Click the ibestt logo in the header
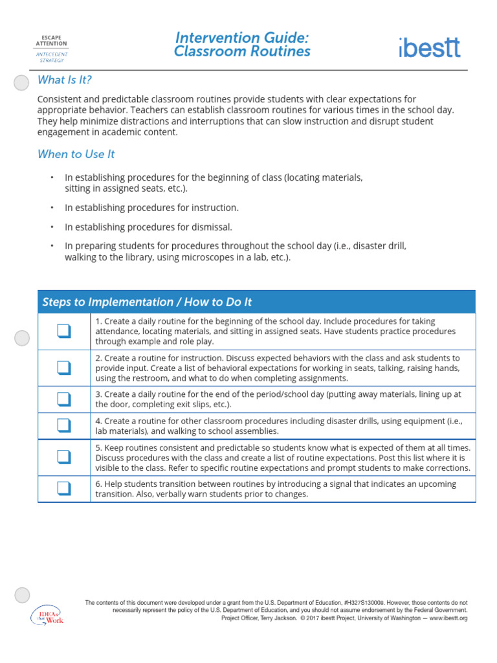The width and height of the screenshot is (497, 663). pos(429,47)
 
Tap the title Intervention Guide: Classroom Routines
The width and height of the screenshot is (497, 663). pos(242,45)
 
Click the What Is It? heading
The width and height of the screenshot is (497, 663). pos(65,80)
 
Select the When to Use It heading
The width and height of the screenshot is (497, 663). pos(76,154)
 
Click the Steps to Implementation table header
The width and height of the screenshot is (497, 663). pos(147,302)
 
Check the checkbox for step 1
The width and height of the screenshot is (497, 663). pos(63,331)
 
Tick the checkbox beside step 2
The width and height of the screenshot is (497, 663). pos(63,368)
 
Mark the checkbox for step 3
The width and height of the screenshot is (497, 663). pos(63,399)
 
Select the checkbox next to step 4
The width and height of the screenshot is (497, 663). pos(63,425)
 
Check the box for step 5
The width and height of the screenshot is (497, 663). pos(63,457)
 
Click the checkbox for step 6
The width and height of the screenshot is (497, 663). pos(63,489)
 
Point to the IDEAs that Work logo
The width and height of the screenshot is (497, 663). pos(47,615)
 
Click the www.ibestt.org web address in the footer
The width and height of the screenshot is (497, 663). pos(448,618)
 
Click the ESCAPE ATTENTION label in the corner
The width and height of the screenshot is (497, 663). pos(52,40)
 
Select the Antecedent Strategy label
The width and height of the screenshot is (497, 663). pos(52,57)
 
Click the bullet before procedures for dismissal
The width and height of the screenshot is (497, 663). pos(51,227)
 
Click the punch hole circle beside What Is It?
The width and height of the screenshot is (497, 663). pos(22,82)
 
